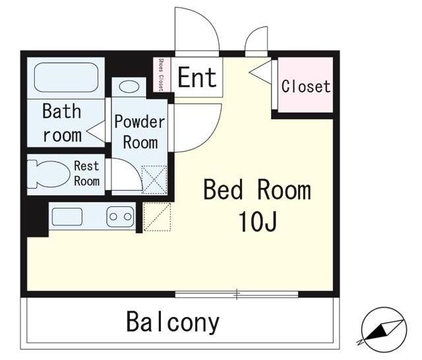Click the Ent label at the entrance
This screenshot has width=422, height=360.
pyautogui.click(x=196, y=77)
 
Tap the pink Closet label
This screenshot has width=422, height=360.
pyautogui.click(x=306, y=86)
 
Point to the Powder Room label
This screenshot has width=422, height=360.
pyautogui.click(x=139, y=131)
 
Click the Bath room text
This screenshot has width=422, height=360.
pyautogui.click(x=61, y=123)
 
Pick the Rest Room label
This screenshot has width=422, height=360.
pyautogui.click(x=86, y=173)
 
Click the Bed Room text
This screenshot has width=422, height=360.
pyautogui.click(x=256, y=191)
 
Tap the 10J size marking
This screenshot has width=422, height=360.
pyautogui.click(x=257, y=223)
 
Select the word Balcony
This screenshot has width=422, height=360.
pyautogui.click(x=173, y=322)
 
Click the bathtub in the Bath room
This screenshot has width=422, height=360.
pyautogui.click(x=65, y=78)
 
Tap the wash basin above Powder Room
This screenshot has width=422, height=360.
pyautogui.click(x=129, y=86)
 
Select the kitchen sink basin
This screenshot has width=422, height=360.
pyautogui.click(x=66, y=216)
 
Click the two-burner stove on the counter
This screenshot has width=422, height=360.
pyautogui.click(x=120, y=216)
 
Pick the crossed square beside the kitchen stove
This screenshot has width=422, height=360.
pyautogui.click(x=156, y=217)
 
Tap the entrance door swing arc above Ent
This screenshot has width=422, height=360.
pyautogui.click(x=197, y=30)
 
